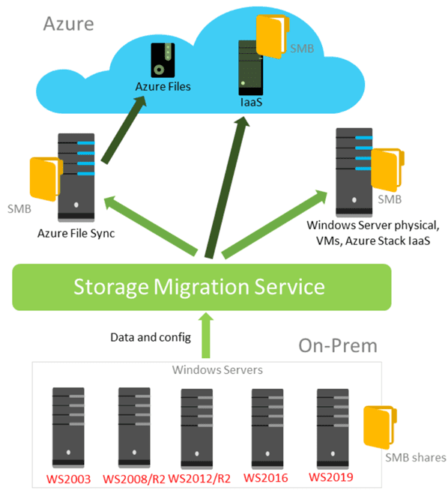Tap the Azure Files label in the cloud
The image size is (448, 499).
pyautogui.click(x=163, y=86)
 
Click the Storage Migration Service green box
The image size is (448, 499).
pyautogui.click(x=202, y=286)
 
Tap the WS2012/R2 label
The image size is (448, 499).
pyautogui.click(x=197, y=478)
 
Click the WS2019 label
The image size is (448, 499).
pyautogui.click(x=330, y=477)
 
